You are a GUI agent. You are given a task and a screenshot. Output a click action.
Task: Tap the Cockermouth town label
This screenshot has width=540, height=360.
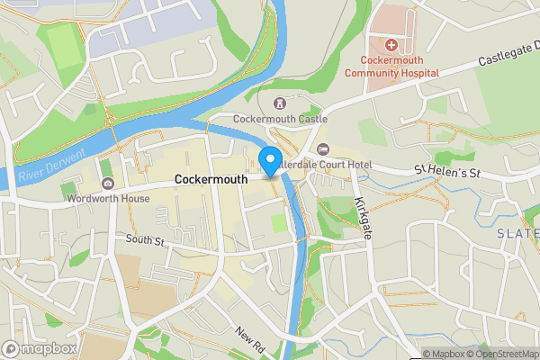[x=211, y=180]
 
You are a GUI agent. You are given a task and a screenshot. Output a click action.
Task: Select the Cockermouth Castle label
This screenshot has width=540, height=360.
[x=280, y=119]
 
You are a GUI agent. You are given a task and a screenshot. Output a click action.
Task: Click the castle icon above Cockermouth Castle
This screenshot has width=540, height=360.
[x=279, y=103]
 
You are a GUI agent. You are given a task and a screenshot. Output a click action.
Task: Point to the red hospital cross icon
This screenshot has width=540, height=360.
[x=391, y=45]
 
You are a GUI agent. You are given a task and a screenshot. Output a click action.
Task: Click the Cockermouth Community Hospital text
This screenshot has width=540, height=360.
[x=391, y=66]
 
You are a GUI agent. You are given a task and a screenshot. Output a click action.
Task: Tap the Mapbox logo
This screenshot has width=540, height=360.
[x=40, y=348]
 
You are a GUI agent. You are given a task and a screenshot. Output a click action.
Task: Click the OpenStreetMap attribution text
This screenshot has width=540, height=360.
[x=500, y=354]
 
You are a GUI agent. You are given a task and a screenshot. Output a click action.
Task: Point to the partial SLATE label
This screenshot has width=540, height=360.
[x=517, y=233]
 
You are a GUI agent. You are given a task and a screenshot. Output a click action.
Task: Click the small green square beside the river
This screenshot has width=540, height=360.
[x=279, y=221]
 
